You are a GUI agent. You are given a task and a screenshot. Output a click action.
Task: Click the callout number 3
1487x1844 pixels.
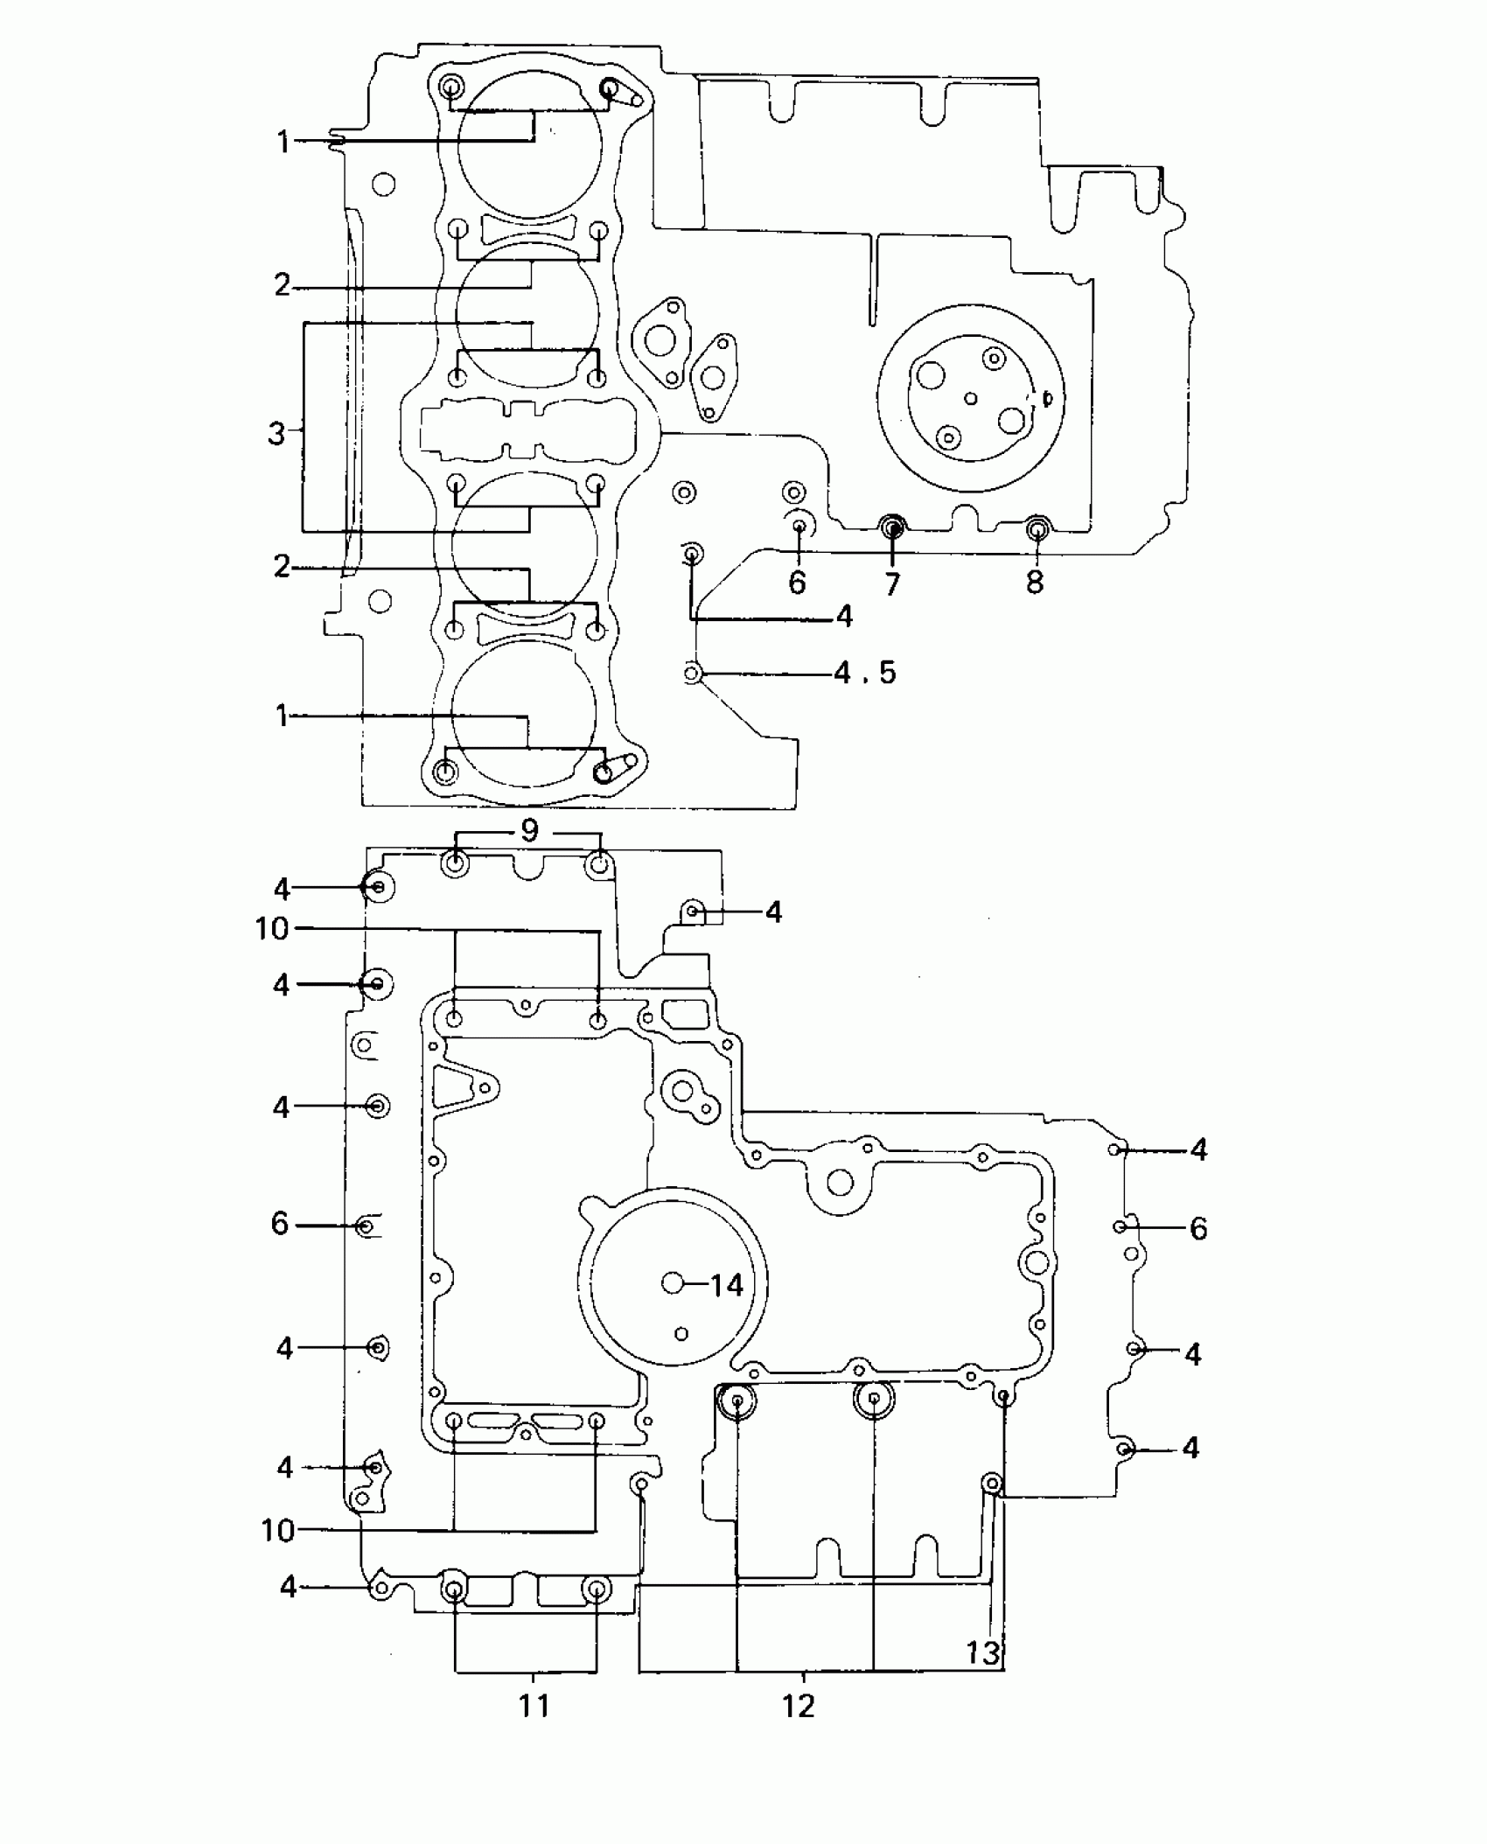click(276, 433)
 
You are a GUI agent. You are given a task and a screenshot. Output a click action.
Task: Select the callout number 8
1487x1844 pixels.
click(1035, 583)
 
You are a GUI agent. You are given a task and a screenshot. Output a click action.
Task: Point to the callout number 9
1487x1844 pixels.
click(528, 830)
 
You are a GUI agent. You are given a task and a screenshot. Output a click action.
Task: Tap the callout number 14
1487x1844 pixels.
click(726, 1285)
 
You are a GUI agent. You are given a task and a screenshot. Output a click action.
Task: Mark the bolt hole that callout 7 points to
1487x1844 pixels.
click(892, 527)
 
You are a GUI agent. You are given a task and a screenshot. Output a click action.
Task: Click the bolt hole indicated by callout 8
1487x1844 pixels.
click(1037, 527)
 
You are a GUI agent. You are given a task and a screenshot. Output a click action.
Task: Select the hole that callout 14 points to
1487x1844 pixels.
click(673, 1283)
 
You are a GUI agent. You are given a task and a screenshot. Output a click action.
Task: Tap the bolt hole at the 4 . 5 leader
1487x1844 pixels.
click(692, 674)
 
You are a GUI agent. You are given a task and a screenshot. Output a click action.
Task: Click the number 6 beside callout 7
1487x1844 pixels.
click(797, 583)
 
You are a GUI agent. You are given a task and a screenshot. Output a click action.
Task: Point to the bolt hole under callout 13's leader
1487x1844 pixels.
click(992, 1482)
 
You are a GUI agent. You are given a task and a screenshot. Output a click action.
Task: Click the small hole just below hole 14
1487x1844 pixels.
click(681, 1334)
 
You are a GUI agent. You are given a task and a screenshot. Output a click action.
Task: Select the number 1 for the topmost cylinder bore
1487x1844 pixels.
click(283, 141)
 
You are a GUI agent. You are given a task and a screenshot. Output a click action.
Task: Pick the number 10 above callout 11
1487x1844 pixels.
click(278, 1531)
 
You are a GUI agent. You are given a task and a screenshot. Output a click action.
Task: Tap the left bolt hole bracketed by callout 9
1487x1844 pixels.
click(455, 864)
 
